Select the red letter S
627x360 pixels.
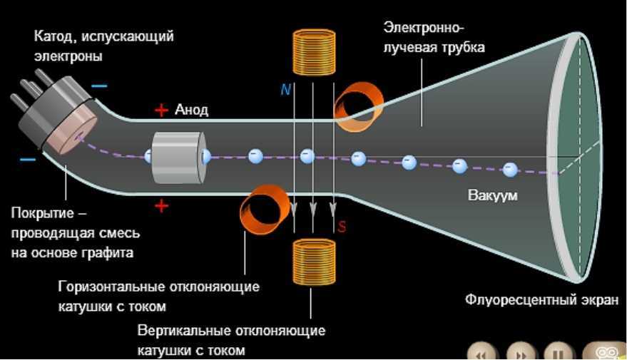342,227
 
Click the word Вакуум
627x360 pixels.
493,194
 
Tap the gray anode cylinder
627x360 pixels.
178,158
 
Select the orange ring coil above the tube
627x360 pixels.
354,108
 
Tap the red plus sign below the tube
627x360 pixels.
162,207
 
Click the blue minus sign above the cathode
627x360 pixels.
100,86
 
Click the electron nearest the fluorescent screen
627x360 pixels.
509,170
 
